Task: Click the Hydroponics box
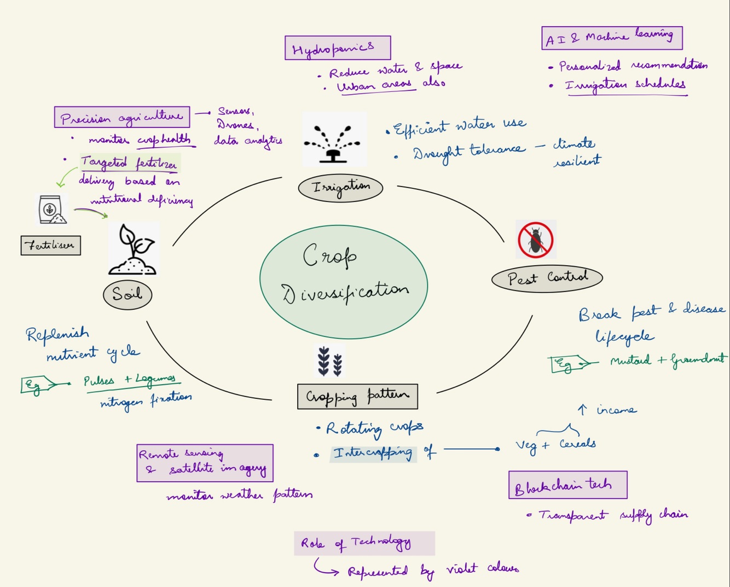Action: click(x=338, y=48)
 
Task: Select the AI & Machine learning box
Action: click(x=612, y=38)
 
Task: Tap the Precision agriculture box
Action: click(x=122, y=117)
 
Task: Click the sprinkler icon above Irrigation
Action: click(x=334, y=140)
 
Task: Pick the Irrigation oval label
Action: click(x=340, y=188)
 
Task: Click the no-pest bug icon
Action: click(x=536, y=240)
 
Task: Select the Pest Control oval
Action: click(x=547, y=278)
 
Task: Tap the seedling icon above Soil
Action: click(x=133, y=249)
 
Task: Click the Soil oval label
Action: click(x=128, y=295)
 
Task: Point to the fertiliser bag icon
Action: click(x=51, y=210)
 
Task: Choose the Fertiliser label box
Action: click(x=51, y=245)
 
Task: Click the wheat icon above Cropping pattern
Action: click(x=330, y=361)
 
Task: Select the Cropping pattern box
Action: click(x=357, y=397)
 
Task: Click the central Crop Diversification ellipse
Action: click(x=344, y=282)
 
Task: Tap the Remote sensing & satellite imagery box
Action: click(x=205, y=463)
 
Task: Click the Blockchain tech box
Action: click(x=567, y=485)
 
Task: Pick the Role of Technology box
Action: click(x=364, y=543)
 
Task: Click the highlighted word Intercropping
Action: click(x=373, y=454)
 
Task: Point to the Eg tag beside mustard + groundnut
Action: click(x=567, y=364)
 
